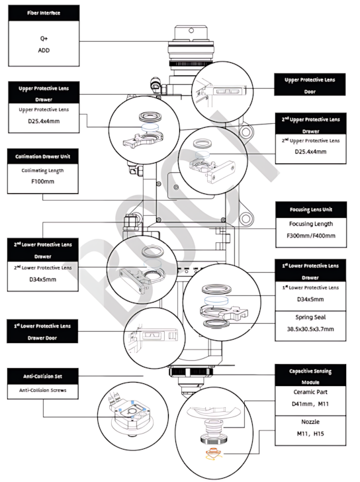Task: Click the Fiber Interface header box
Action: point(44,13)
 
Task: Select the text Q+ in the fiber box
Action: point(44,38)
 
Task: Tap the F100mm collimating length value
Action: point(43,181)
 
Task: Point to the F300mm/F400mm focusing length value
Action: point(311,236)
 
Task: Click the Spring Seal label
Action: point(310,317)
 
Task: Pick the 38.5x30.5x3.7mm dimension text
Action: point(310,329)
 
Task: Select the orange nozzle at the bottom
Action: point(214,453)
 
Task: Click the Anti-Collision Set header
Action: point(43,376)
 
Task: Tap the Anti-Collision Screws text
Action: point(43,390)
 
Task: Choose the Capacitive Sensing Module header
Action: point(310,375)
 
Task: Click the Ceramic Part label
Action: point(310,392)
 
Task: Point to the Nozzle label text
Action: point(310,422)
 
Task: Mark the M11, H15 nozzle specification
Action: point(310,434)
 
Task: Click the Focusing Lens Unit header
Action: point(311,210)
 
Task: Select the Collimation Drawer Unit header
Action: point(43,156)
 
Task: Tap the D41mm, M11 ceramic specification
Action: point(310,404)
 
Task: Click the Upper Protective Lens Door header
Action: point(310,85)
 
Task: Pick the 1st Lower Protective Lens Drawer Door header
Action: point(42,331)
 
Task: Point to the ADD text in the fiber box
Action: point(44,50)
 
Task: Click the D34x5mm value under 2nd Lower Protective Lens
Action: point(43,279)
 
